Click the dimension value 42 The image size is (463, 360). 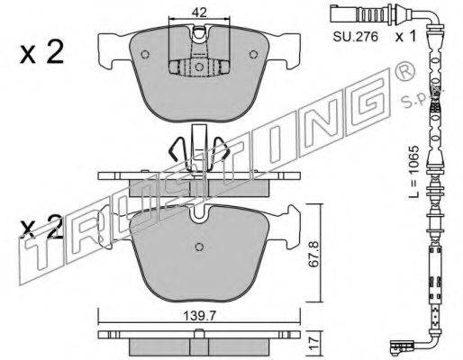pyautogui.click(x=199, y=13)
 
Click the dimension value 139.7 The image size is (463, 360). pyautogui.click(x=200, y=316)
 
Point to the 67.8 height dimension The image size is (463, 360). pyautogui.click(x=313, y=253)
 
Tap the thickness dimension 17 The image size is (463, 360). pyautogui.click(x=313, y=343)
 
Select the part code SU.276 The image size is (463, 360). pyautogui.click(x=355, y=37)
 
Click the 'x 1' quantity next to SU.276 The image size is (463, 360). pyautogui.click(x=405, y=37)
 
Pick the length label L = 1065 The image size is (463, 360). pyautogui.click(x=413, y=172)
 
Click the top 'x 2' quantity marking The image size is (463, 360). pyautogui.click(x=41, y=52)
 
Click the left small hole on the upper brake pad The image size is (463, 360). pyautogui.click(x=145, y=54)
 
